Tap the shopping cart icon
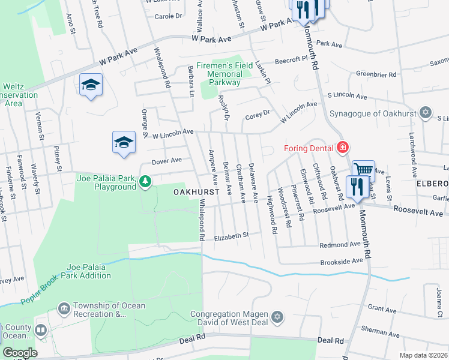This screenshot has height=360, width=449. click(x=363, y=170)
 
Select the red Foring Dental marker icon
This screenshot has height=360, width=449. click(x=342, y=147)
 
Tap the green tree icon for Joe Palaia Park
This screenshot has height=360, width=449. click(x=145, y=181)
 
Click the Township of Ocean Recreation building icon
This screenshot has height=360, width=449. click(x=64, y=308)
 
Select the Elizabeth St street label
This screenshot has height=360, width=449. click(x=231, y=236)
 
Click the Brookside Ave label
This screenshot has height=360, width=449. click(x=343, y=261)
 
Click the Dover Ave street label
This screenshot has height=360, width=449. click(x=166, y=161)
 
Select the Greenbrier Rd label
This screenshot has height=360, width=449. click(x=376, y=74)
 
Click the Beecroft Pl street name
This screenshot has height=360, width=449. click(x=291, y=61)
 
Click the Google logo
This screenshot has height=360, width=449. click(x=20, y=353)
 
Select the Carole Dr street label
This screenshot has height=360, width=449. click(x=168, y=16)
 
